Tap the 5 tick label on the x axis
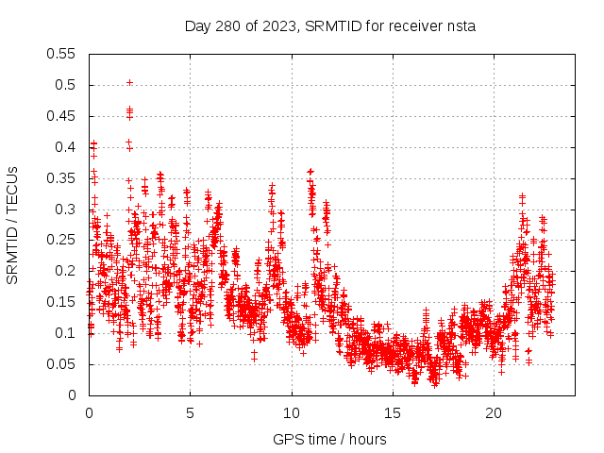(190, 413)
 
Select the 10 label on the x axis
(292, 413)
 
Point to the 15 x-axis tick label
(393, 413)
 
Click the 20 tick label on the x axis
(494, 413)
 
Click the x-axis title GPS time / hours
(329, 439)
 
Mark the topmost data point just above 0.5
(129, 82)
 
